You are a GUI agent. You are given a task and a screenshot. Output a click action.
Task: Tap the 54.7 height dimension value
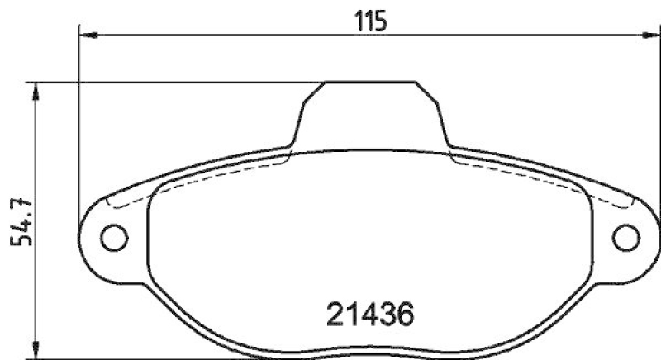click(15, 222)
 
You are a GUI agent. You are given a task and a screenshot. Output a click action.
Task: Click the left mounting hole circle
click(115, 237)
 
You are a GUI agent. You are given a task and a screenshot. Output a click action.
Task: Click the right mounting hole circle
click(628, 237)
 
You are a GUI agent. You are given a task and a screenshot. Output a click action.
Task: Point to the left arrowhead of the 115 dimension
click(85, 35)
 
